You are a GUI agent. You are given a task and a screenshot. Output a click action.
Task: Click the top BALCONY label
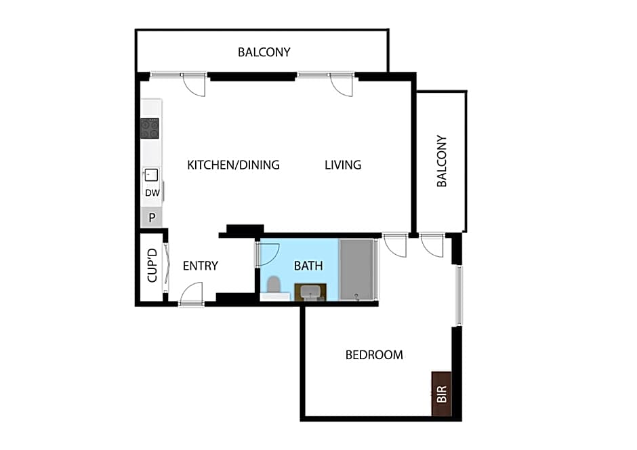pos(264,52)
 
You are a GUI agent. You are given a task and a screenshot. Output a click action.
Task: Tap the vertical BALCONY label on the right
pos(442,161)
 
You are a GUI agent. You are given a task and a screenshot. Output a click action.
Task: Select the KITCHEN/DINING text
pos(233,165)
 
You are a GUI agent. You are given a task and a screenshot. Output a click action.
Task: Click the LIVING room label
pos(343,165)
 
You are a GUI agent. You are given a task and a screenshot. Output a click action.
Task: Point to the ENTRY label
pos(201,266)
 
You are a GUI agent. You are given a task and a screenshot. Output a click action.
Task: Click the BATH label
pos(308,266)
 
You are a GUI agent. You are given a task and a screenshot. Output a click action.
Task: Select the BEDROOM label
pos(374,354)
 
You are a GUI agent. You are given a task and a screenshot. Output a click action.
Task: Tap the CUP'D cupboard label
pos(152,266)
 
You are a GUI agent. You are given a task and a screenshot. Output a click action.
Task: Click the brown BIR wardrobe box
pos(442,394)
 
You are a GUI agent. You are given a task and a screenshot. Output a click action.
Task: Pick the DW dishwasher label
pos(152,193)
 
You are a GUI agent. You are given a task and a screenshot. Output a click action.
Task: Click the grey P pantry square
pos(152,218)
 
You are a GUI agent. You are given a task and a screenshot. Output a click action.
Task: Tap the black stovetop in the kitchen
pos(150,128)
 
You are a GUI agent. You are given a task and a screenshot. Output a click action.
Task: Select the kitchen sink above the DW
pos(150,175)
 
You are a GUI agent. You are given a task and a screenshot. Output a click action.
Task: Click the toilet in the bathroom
pos(274,287)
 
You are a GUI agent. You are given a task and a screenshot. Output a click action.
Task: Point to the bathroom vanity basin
pos(311,292)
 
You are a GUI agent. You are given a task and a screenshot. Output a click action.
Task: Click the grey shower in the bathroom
pos(356,269)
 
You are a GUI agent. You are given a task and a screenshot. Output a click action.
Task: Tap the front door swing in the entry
pos(192,293)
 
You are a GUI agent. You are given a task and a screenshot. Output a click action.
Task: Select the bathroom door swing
pos(268,253)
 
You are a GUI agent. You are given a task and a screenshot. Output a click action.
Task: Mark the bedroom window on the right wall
pos(459,295)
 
